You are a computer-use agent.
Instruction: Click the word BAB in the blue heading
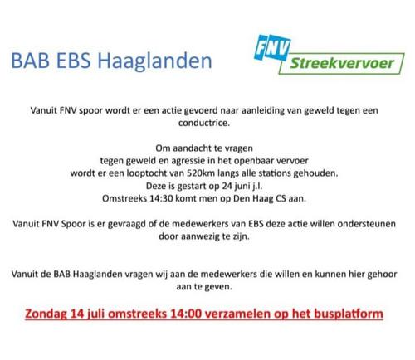[31, 61]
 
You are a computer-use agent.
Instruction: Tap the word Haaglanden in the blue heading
[155, 61]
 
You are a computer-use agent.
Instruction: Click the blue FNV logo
[272, 47]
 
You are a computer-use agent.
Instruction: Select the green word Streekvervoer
[342, 63]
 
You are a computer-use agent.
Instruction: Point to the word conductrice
[204, 123]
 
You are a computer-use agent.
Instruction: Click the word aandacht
[191, 148]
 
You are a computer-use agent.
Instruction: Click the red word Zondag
[46, 314]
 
